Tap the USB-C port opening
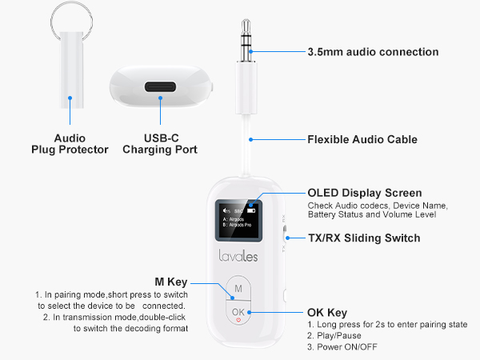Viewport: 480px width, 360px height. coord(160,86)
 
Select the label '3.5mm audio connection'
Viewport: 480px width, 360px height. coord(373,52)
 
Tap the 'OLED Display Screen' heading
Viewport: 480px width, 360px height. coord(364,193)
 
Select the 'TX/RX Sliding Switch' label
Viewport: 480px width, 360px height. coord(364,238)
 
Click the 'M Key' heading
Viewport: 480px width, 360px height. coord(170,282)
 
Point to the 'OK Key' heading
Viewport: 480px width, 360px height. coord(327,312)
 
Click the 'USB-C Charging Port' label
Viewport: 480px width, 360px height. coord(160,143)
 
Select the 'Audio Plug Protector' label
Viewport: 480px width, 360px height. coord(70,143)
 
